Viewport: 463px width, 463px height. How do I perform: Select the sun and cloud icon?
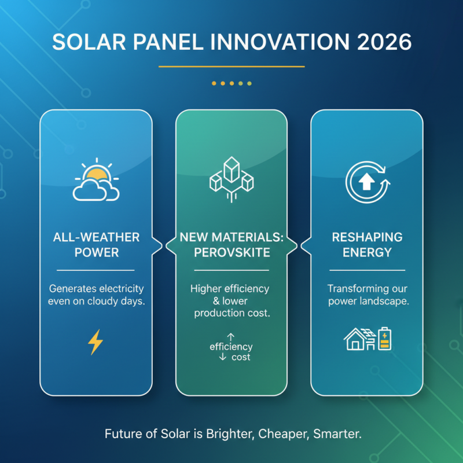pos(96,180)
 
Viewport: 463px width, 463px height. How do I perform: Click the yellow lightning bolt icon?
pos(95,342)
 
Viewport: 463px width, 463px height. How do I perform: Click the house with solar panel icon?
pos(359,339)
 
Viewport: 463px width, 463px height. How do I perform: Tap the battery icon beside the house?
pos(385,339)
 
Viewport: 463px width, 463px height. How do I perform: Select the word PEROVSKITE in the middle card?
pos(231,252)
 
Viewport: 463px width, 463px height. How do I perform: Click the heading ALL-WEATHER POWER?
pos(96,245)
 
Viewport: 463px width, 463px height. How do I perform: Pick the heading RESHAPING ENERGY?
pos(368,245)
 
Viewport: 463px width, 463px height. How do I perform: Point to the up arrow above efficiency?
pos(231,336)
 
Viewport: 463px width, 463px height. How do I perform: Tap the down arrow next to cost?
pos(222,357)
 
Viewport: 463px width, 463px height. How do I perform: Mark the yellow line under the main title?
pos(231,67)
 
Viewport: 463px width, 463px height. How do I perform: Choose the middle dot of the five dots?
pos(231,83)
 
